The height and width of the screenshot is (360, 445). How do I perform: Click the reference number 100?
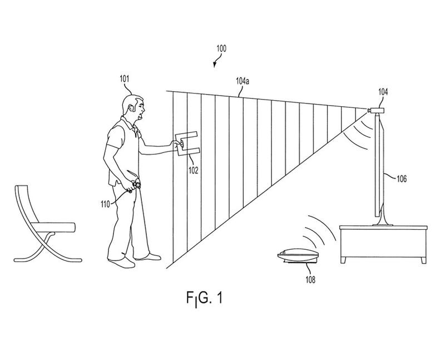pyautogui.click(x=221, y=48)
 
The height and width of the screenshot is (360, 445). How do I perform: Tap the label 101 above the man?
pyautogui.click(x=124, y=78)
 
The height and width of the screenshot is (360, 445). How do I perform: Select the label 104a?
pyautogui.click(x=243, y=81)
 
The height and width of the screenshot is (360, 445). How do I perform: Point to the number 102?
pyautogui.click(x=193, y=170)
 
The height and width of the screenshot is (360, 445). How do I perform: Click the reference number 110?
pyautogui.click(x=105, y=204)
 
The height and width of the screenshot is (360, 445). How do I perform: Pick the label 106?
pyautogui.click(x=401, y=179)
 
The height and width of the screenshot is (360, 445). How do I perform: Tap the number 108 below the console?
pyautogui.click(x=310, y=280)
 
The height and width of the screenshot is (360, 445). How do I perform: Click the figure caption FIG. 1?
pyautogui.click(x=204, y=299)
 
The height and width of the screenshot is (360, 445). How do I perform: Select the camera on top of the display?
pyautogui.click(x=374, y=110)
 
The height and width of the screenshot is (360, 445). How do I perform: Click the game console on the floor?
pyautogui.click(x=299, y=257)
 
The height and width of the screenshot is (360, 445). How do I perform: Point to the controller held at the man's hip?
pyautogui.click(x=134, y=183)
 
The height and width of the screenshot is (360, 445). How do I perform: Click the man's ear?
pyautogui.click(x=131, y=109)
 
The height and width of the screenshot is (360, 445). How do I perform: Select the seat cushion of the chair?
pyautogui.click(x=53, y=227)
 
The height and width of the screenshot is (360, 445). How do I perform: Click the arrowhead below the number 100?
pyautogui.click(x=214, y=66)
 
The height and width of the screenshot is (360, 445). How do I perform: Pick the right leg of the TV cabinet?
pyautogui.click(x=423, y=260)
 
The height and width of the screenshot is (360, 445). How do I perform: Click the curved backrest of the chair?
pyautogui.click(x=24, y=204)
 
